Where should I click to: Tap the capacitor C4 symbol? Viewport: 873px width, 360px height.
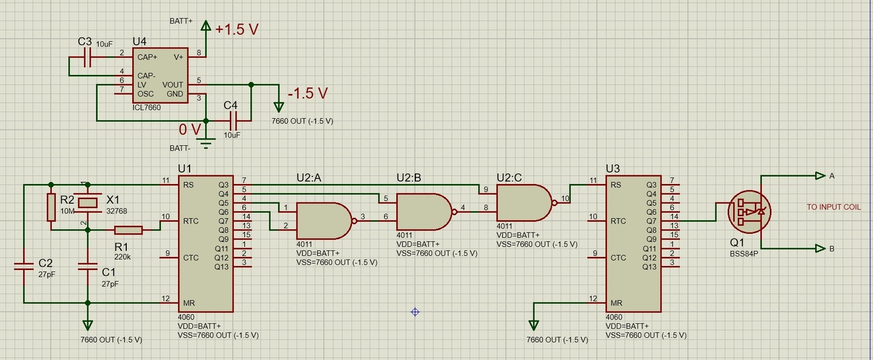point(233,121)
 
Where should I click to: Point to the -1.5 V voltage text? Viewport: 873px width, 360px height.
point(308,93)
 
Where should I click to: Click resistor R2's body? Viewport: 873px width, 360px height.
point(50,207)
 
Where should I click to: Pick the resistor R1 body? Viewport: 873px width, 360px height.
point(128,230)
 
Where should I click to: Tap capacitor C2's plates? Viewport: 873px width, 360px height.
point(24,267)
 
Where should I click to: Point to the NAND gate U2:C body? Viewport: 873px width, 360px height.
point(521,202)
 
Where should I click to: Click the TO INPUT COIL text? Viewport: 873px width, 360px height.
point(833,207)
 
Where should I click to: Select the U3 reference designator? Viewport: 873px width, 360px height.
point(613,168)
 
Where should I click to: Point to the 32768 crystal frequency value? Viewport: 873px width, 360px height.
point(117,211)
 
